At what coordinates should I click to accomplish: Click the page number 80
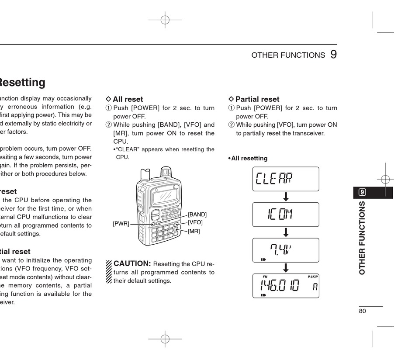pyautogui.click(x=362, y=311)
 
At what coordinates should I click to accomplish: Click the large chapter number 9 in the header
pyautogui.click(x=333, y=55)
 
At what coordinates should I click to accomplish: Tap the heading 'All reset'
pyautogui.click(x=128, y=99)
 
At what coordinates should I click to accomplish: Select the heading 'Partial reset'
pyautogui.click(x=257, y=99)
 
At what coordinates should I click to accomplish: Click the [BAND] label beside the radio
pyautogui.click(x=197, y=215)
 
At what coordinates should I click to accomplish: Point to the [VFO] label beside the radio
pyautogui.click(x=195, y=222)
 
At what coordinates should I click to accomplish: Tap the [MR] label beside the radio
pyautogui.click(x=194, y=231)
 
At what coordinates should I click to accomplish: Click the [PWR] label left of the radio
pyautogui.click(x=121, y=224)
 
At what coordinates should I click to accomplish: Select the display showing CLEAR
pyautogui.click(x=286, y=179)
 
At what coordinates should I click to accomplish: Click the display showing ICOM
pyautogui.click(x=286, y=214)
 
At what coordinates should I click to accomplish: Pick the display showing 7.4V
pyautogui.click(x=286, y=250)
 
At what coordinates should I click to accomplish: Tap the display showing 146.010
pyautogui.click(x=286, y=286)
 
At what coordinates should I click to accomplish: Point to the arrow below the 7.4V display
pyautogui.click(x=286, y=267)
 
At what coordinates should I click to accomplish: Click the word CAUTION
pyautogui.click(x=132, y=263)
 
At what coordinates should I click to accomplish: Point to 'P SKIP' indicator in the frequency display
pyautogui.click(x=313, y=277)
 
